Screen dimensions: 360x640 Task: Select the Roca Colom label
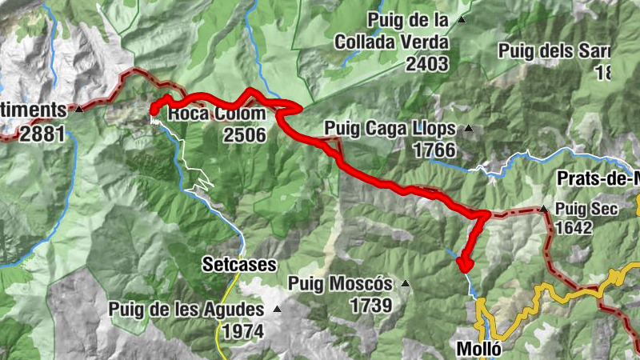coord(216,114)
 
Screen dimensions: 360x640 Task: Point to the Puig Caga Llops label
coord(390,128)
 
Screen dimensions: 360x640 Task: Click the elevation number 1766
coord(434,150)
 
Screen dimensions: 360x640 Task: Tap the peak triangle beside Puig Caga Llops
coord(469,128)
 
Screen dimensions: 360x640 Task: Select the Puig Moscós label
coord(340,283)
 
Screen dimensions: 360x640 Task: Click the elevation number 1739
coord(370,305)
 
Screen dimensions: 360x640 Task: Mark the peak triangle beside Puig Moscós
coord(406,283)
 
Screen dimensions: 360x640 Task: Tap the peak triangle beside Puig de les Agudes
coord(278,309)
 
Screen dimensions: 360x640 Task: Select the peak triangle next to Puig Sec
coord(543,209)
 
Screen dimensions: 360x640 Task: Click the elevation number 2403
coord(427,64)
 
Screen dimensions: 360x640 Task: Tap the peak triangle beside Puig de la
coord(461,19)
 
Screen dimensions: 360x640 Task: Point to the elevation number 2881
coord(42,134)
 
